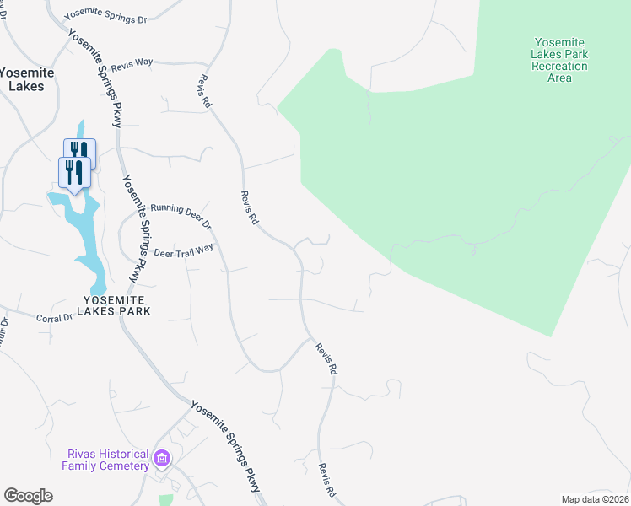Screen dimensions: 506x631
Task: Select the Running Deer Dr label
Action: (180, 215)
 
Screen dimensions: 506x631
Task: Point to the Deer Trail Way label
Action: (184, 250)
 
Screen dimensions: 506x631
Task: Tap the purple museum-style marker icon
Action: (161, 460)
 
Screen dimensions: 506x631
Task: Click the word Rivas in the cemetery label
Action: (84, 454)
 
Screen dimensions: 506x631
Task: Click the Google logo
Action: (28, 496)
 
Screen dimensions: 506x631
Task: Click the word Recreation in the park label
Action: (559, 66)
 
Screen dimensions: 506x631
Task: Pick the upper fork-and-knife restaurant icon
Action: (79, 153)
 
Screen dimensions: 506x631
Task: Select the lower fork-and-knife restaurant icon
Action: (74, 172)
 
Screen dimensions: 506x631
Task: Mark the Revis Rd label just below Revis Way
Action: (203, 91)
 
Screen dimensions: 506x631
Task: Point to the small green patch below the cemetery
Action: (165, 500)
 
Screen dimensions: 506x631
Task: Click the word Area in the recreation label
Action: (559, 78)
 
